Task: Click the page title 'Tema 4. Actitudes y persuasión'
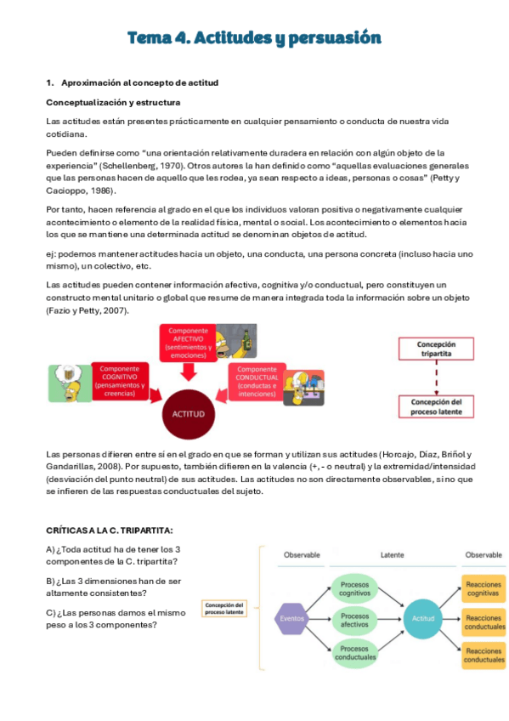254,38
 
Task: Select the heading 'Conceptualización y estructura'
112,102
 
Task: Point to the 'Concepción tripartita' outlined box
436,349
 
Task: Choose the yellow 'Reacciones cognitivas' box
484,588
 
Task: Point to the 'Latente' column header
391,554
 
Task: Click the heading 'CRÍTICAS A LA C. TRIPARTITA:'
109,530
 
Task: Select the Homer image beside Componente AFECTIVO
237,340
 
